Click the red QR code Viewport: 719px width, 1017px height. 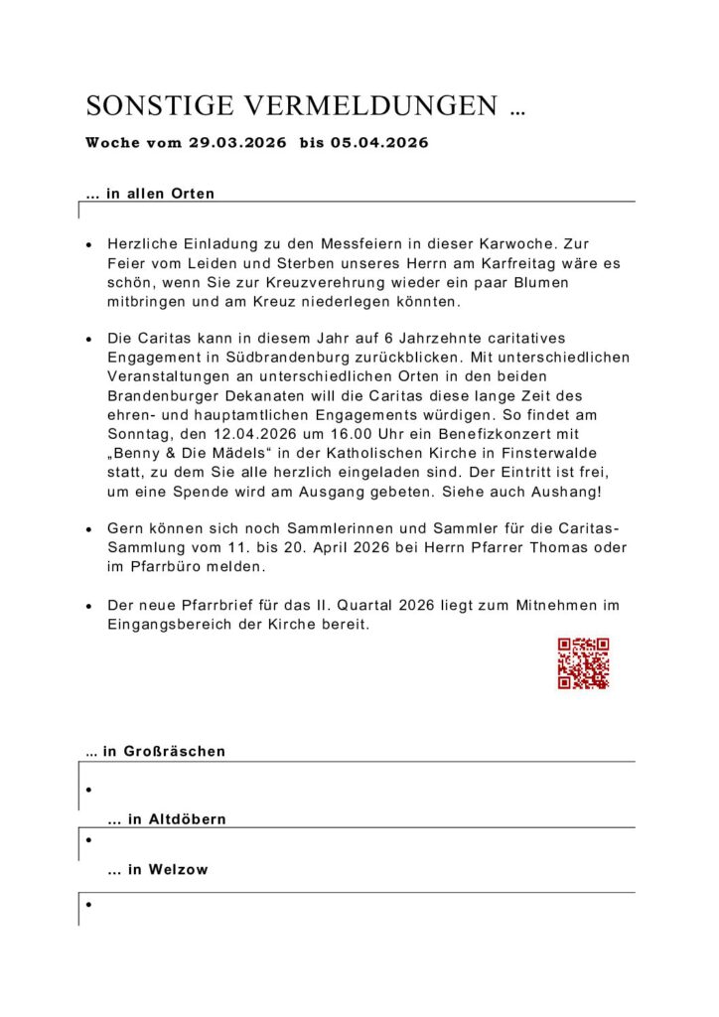[x=583, y=663]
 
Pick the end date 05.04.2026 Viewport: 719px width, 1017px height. [x=380, y=143]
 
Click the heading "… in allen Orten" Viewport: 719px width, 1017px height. [x=150, y=194]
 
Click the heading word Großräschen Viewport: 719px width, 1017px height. [x=175, y=752]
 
